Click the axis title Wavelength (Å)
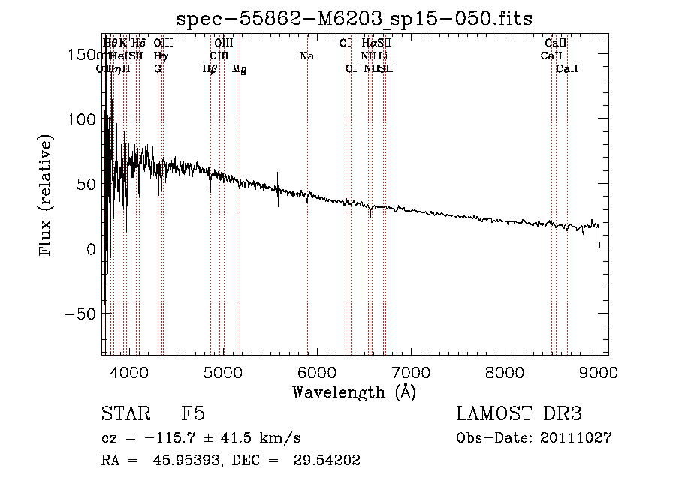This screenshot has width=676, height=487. tap(354, 392)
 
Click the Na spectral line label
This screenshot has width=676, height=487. tap(306, 56)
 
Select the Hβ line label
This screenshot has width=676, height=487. tap(210, 68)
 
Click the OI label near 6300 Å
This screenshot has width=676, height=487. tap(351, 68)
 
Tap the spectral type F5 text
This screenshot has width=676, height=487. tap(193, 414)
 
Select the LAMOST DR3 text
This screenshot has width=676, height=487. tap(519, 414)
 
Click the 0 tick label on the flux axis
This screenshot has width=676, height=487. tap(92, 248)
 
